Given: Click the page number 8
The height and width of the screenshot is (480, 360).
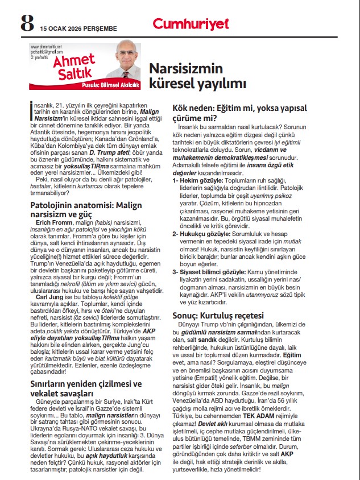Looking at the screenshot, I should pos(26,23).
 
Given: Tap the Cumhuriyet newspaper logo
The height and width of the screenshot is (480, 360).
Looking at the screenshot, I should pos(191,23).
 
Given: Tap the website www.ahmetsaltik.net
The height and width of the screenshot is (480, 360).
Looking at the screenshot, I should pos(46,47).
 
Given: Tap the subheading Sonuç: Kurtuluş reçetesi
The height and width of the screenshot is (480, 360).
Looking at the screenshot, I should pos(218,315).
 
